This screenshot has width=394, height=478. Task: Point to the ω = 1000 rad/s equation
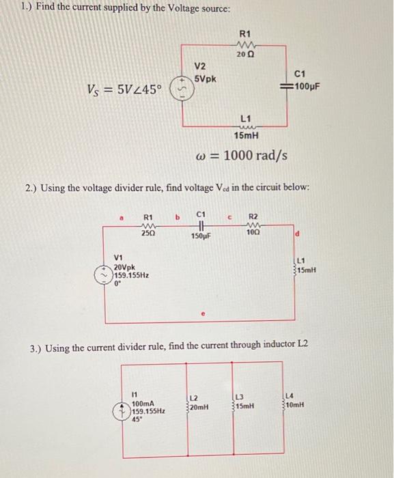pos(241,156)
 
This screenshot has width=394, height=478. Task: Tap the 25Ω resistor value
pos(147,234)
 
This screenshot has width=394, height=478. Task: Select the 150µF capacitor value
pos(200,236)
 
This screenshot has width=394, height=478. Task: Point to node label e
pos(202,315)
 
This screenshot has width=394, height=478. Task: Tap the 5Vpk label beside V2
pos(205,79)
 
